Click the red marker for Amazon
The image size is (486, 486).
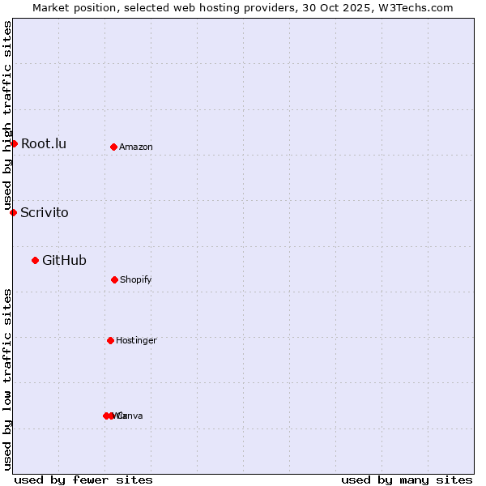pos(113,147)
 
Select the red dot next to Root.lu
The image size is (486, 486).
pos(14,143)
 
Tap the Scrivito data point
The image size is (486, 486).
pos(13,212)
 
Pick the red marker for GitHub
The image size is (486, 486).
pos(35,260)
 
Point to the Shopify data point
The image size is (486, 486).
pos(114,279)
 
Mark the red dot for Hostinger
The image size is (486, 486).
pos(110,340)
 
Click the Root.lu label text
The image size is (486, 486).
pos(44,144)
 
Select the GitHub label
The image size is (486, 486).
pos(64,260)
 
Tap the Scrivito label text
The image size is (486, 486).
pos(45,213)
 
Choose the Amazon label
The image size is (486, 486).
pos(136,147)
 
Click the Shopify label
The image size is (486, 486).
pos(136,280)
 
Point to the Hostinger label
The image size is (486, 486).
pos(136,341)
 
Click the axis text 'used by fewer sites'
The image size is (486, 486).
pos(83,480)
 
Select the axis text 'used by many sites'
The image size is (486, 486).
pos(407,480)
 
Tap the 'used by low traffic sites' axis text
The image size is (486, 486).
pos(8,379)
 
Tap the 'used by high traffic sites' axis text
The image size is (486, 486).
pos(8,116)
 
